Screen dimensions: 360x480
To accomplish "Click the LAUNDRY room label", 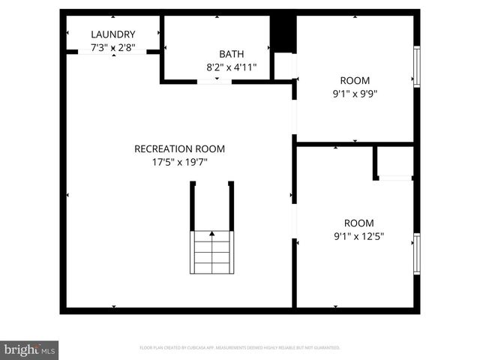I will [113, 34].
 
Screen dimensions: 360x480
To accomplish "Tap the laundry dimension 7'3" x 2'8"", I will [113, 47].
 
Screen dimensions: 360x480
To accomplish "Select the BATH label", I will [231, 54].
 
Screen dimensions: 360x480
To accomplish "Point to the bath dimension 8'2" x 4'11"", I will [231, 67].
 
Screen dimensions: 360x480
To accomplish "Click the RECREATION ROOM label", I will [179, 148].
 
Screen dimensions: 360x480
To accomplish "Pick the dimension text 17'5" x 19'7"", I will [179, 161].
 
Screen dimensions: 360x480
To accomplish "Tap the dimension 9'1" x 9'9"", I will [355, 94].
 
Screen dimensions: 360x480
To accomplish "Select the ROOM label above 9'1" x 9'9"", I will [355, 81].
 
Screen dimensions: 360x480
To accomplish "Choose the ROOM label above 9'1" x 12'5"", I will [358, 223].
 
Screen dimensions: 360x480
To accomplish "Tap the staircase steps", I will [212, 255].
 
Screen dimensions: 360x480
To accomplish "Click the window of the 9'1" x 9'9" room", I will [416, 67].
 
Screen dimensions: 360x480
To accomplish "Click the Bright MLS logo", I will [30, 349].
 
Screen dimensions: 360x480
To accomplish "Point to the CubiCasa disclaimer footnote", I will [240, 348].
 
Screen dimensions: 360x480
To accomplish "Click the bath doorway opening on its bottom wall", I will [214, 80].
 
